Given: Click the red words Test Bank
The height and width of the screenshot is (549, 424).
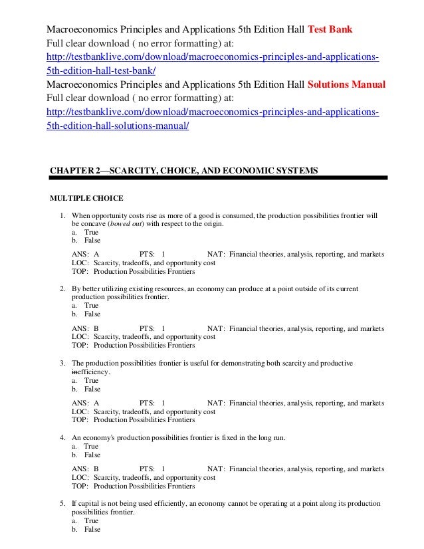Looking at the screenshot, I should pos(330,30).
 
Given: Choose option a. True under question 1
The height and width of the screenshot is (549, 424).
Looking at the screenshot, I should pos(84,233).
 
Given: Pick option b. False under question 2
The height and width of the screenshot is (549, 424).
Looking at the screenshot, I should pos(84,314).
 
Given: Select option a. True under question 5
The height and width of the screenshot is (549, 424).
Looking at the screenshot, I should pos(84,521).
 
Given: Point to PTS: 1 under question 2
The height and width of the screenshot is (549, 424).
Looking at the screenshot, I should pos(153,328).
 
